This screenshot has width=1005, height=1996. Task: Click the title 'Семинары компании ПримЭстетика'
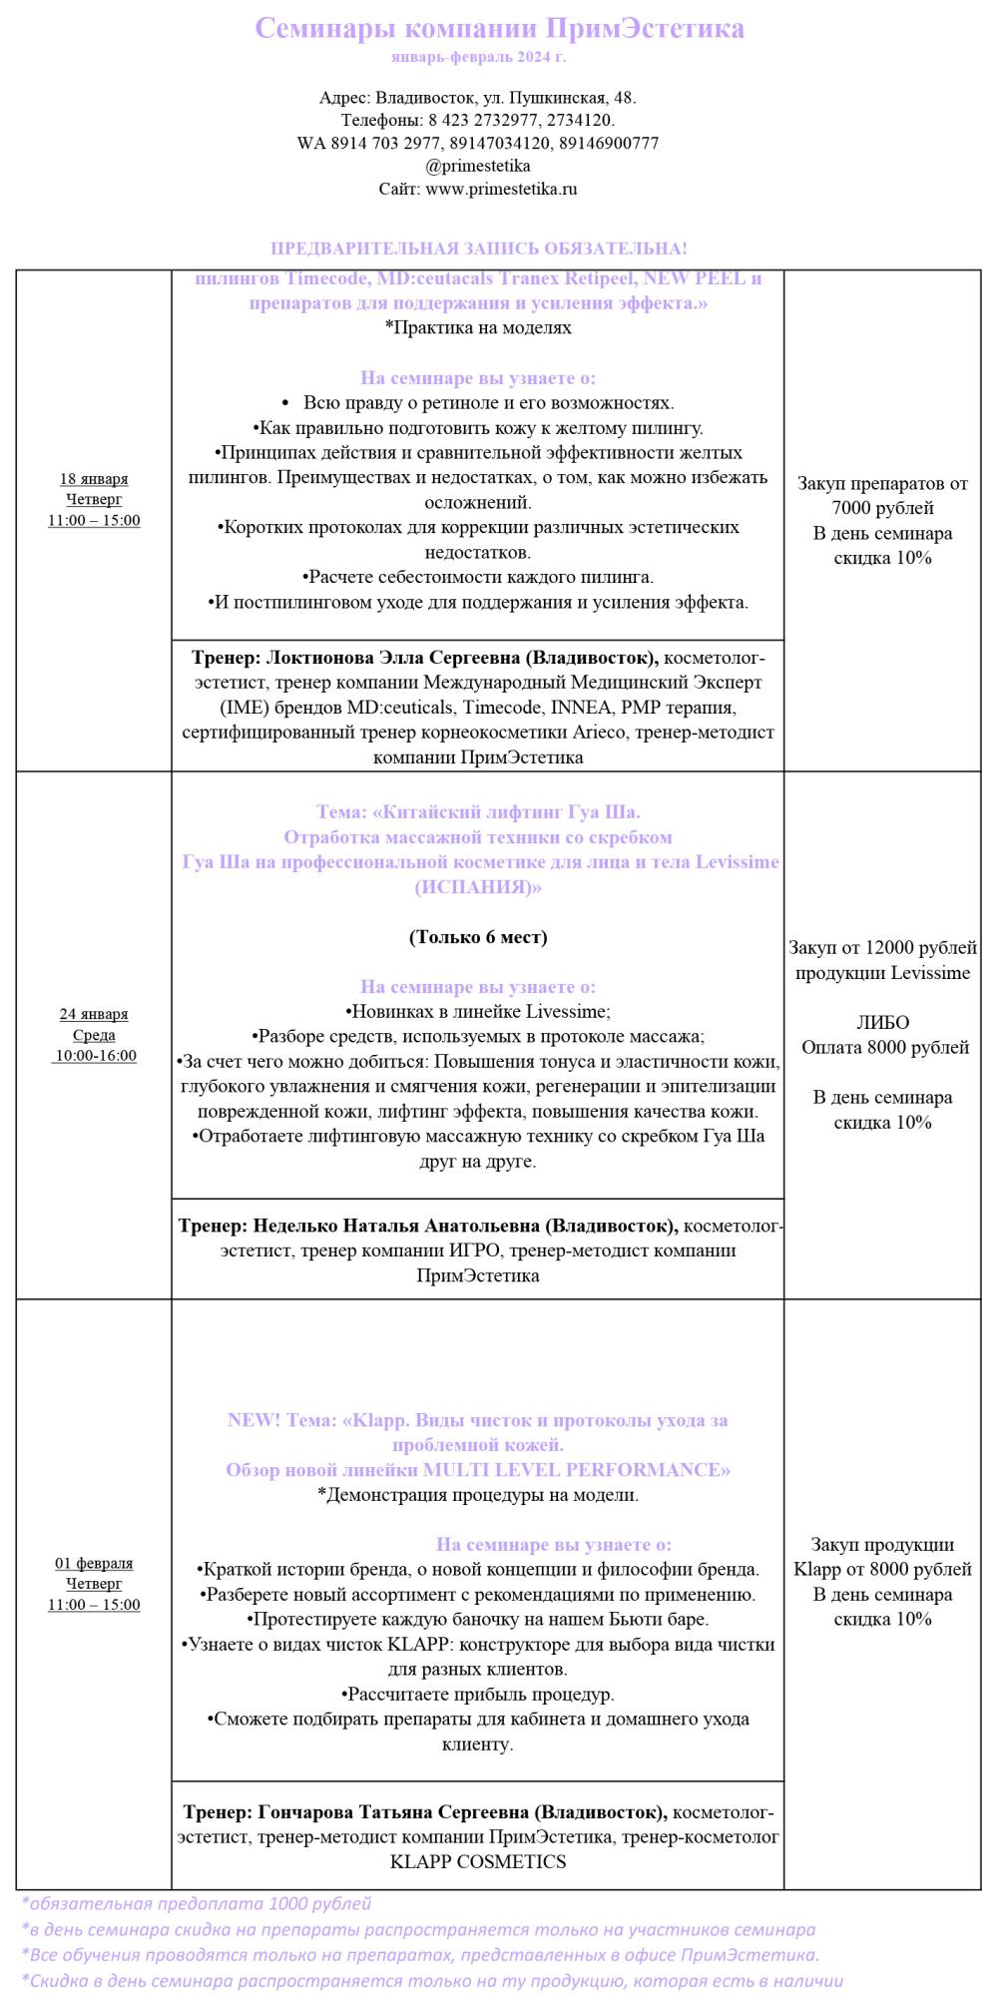click(x=499, y=28)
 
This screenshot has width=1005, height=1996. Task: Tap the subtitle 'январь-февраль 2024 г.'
click(x=478, y=57)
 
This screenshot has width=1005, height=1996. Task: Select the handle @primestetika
click(x=478, y=166)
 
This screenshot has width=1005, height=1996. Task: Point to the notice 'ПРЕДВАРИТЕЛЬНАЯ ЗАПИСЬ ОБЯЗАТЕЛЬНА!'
click(x=478, y=249)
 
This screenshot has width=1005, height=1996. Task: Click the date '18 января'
click(x=94, y=479)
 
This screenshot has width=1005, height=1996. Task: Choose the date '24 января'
click(x=94, y=1014)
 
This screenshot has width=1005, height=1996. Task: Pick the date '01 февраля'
click(x=94, y=1563)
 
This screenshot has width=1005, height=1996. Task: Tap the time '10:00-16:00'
click(x=96, y=1056)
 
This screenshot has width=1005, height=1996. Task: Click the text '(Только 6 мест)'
click(x=478, y=937)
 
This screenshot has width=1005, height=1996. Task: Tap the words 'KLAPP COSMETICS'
click(x=478, y=1862)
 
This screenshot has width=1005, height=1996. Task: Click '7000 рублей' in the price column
click(x=882, y=509)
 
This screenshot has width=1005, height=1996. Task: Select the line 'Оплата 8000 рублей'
click(x=884, y=1048)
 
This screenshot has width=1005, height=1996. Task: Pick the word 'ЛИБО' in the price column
click(x=882, y=1023)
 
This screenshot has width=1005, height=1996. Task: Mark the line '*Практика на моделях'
click(x=478, y=327)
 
